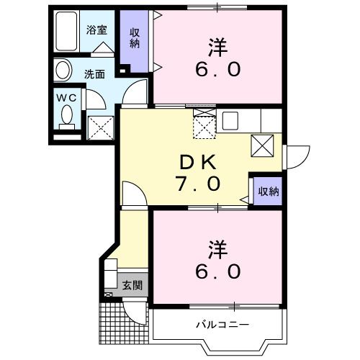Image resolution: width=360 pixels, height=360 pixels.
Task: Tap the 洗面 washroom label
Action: [94, 73]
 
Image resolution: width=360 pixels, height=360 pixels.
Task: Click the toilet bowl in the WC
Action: [67, 115]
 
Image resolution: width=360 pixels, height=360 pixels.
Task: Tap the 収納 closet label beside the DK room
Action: [269, 192]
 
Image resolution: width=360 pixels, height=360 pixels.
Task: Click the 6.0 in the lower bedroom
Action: [217, 272]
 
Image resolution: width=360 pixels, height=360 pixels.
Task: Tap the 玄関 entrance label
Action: [132, 285]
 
